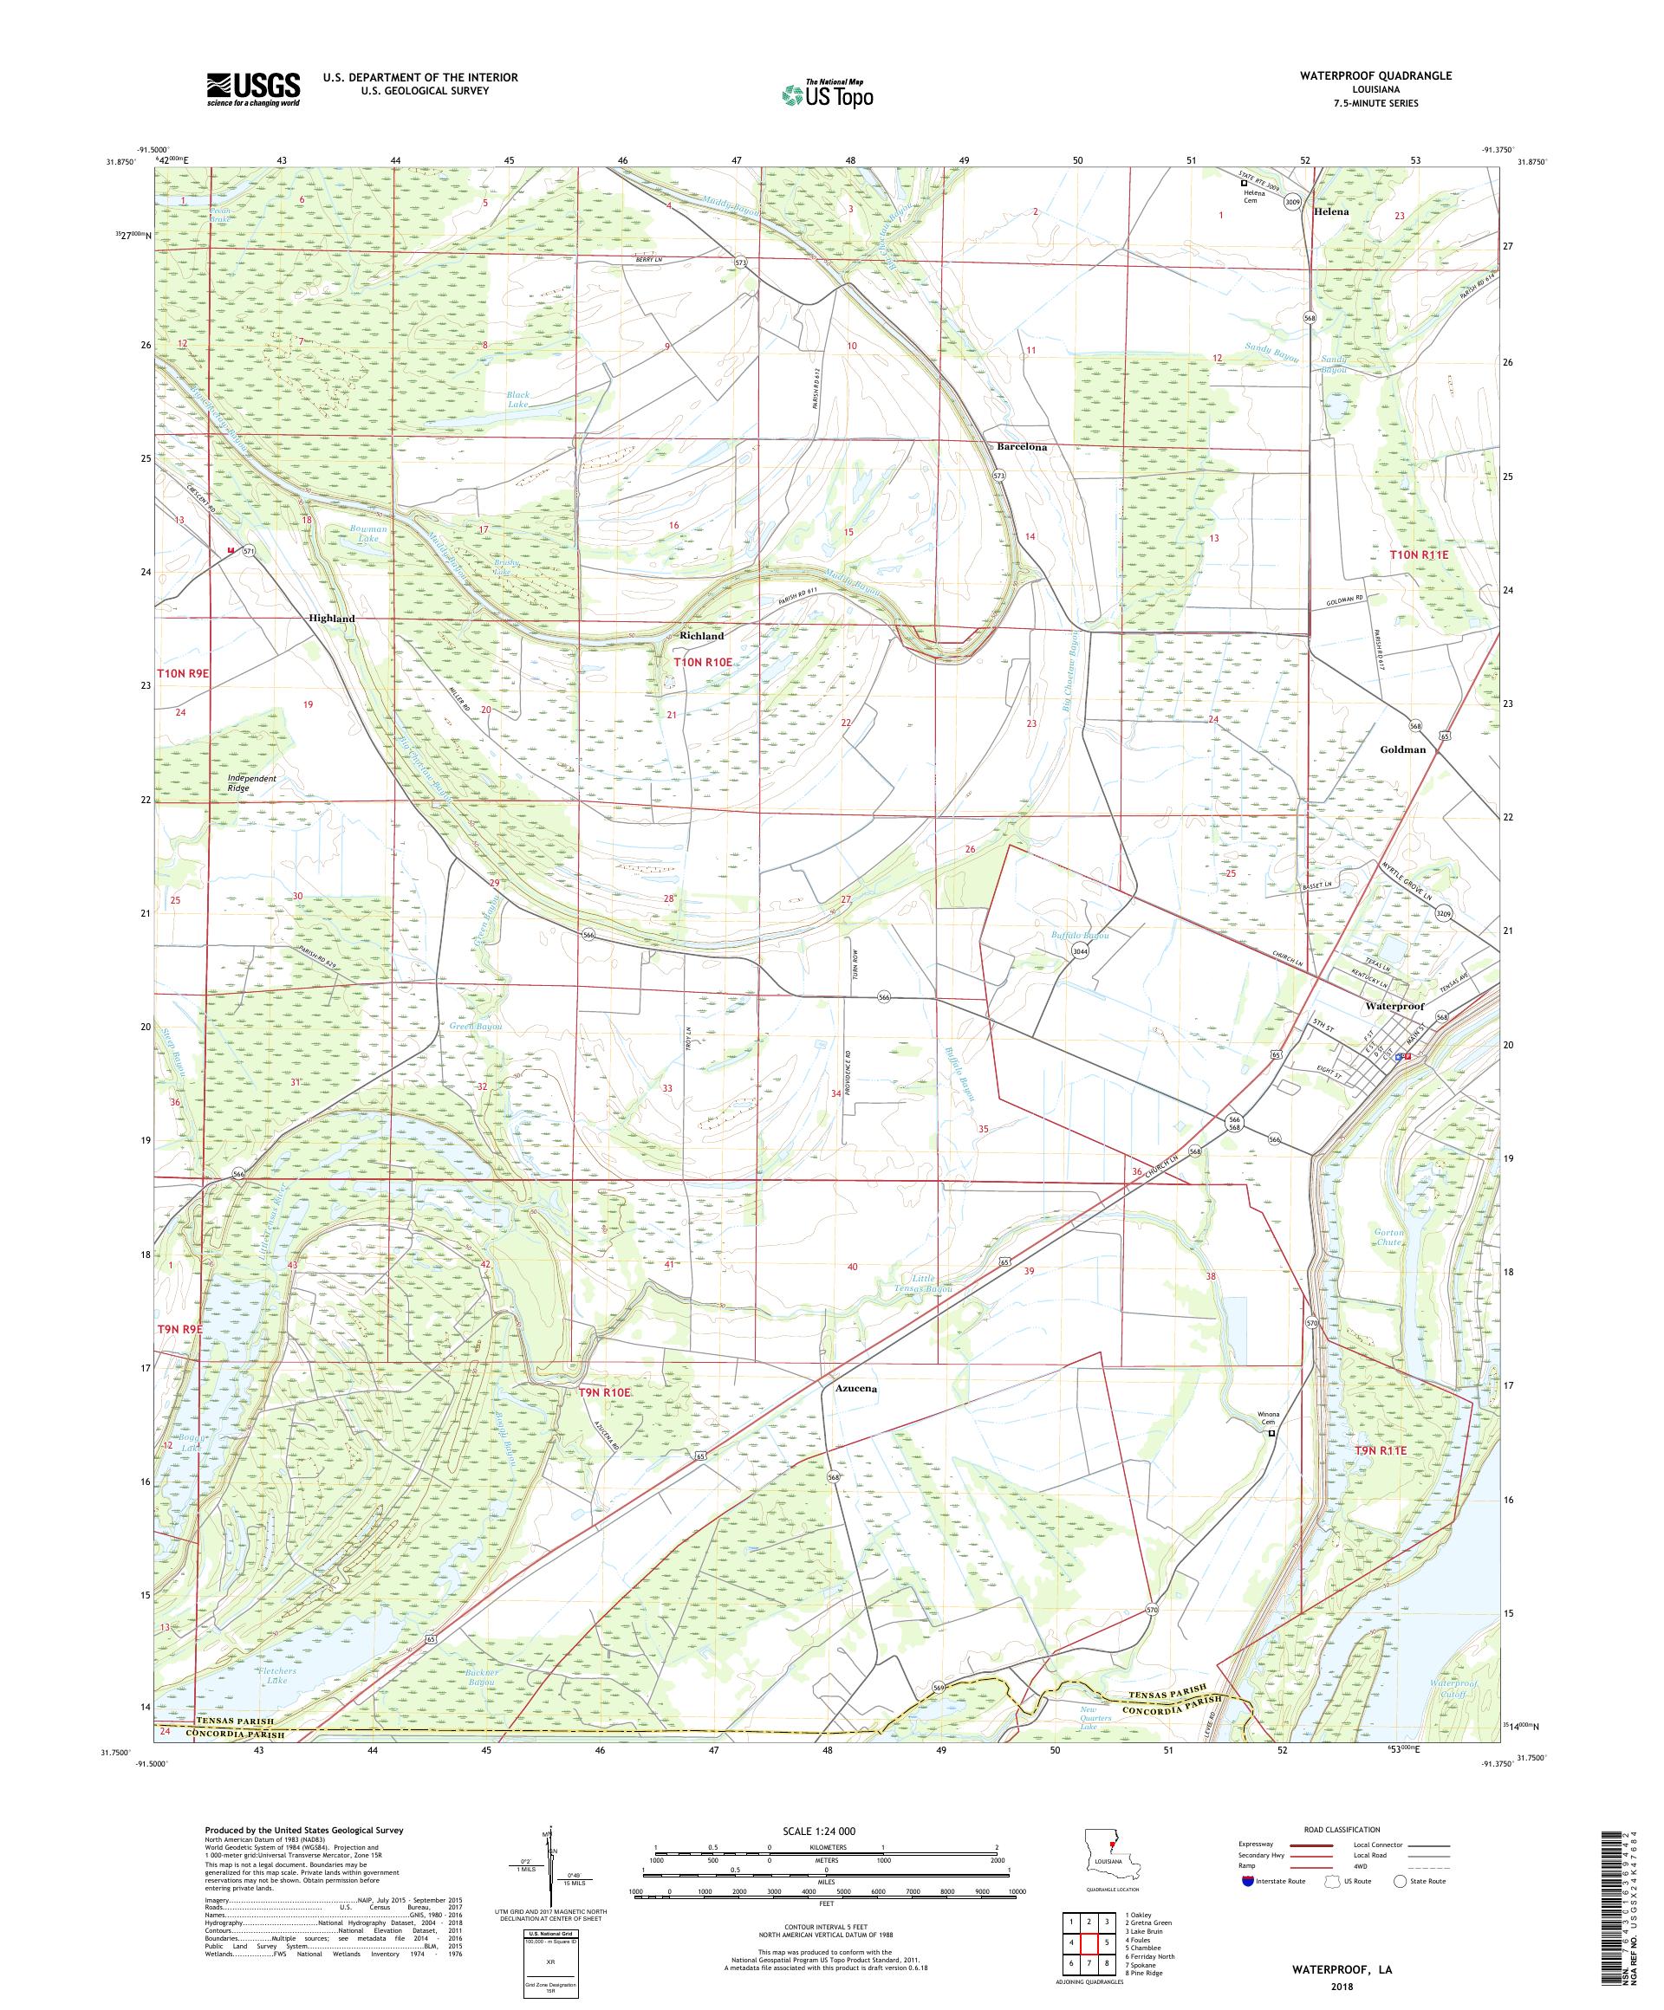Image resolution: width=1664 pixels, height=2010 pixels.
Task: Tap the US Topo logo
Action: click(x=829, y=93)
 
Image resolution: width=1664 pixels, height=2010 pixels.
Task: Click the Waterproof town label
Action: click(x=1394, y=1007)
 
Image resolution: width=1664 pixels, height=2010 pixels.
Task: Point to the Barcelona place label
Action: click(x=1022, y=447)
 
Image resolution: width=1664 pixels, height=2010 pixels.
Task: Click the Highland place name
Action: click(x=332, y=619)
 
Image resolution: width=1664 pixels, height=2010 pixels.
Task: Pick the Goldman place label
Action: click(x=1402, y=749)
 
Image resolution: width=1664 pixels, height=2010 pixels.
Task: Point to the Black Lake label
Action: click(x=517, y=399)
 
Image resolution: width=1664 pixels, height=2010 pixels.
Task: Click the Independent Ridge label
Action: click(x=253, y=783)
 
